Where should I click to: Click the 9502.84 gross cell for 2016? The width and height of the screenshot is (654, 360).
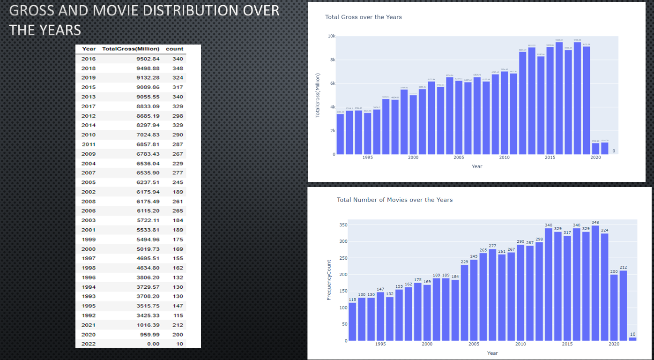coord(148,59)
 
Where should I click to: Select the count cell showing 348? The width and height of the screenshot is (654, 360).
coord(178,68)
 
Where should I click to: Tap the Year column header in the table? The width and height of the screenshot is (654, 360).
coord(89,49)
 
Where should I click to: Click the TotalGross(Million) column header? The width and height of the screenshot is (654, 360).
coord(131,49)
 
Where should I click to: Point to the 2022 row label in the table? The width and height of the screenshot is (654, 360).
coord(89,344)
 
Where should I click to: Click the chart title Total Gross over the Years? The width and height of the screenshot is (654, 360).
coord(363,17)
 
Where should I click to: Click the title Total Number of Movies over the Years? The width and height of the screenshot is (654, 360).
coord(394,200)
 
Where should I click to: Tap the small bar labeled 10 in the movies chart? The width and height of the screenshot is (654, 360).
coord(632,339)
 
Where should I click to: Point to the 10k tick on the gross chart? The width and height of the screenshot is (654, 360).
coord(331,36)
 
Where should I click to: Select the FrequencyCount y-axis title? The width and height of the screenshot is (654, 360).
coord(329,280)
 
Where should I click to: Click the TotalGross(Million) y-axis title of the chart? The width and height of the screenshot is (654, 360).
coord(318,95)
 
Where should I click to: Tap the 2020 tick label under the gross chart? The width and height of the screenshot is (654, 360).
coord(595,157)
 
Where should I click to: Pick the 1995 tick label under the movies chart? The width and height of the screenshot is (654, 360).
coord(380,344)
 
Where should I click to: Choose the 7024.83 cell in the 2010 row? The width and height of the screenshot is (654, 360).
coord(148,135)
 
